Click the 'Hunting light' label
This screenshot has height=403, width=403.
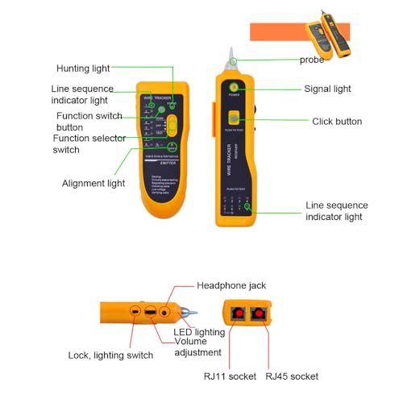(83, 69)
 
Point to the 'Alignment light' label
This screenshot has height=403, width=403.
(93, 183)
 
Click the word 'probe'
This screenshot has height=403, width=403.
(312, 60)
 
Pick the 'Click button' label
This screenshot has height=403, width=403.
(337, 122)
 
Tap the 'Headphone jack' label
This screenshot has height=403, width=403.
(231, 286)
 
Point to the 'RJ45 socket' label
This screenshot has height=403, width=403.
(292, 376)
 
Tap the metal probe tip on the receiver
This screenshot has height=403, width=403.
(232, 58)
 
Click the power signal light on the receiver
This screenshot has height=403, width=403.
(234, 87)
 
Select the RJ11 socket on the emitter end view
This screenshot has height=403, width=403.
(239, 314)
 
